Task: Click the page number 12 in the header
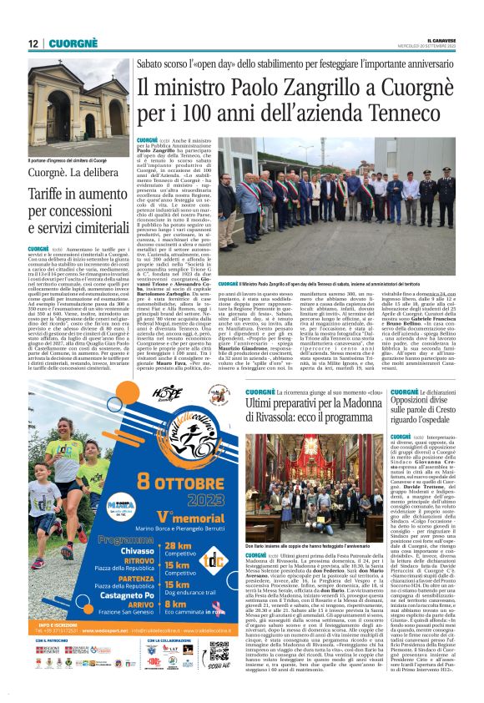(33, 43)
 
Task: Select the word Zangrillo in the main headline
(285, 86)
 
